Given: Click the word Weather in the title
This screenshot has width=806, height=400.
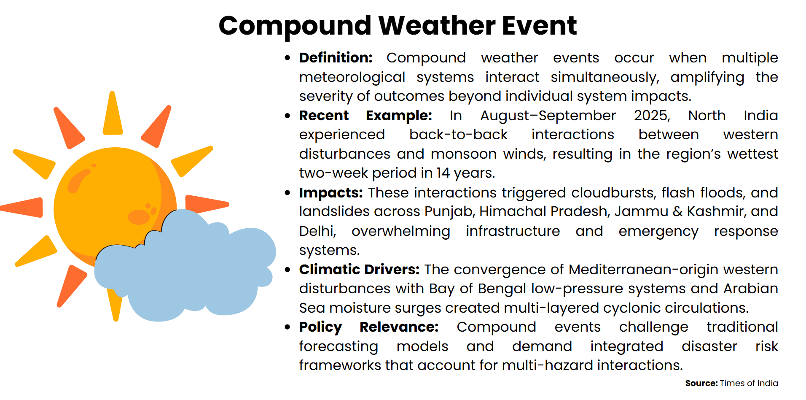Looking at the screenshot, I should pyautogui.click(x=436, y=25).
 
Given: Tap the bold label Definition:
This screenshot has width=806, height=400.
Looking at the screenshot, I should pyautogui.click(x=336, y=58).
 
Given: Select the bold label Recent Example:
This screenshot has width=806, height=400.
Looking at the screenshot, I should pyautogui.click(x=365, y=116).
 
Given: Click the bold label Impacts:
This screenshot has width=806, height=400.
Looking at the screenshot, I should pyautogui.click(x=330, y=193).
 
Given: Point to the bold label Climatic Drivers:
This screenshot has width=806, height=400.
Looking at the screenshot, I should pyautogui.click(x=359, y=270).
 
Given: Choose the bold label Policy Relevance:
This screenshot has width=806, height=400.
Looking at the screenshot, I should pyautogui.click(x=368, y=327).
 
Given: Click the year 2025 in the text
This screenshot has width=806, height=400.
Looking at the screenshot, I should pyautogui.click(x=651, y=116).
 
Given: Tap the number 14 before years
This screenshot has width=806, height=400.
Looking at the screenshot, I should pyautogui.click(x=443, y=173).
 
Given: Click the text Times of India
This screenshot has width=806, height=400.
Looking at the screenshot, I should pyautogui.click(x=748, y=383).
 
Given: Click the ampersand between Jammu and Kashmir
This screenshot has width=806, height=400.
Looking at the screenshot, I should pyautogui.click(x=677, y=211).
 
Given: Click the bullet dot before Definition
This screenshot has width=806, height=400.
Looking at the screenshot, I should pyautogui.click(x=287, y=58).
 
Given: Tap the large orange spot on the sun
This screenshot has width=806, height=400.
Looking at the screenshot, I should pyautogui.click(x=139, y=217).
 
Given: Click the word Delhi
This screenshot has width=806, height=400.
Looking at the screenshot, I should pyautogui.click(x=317, y=231).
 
